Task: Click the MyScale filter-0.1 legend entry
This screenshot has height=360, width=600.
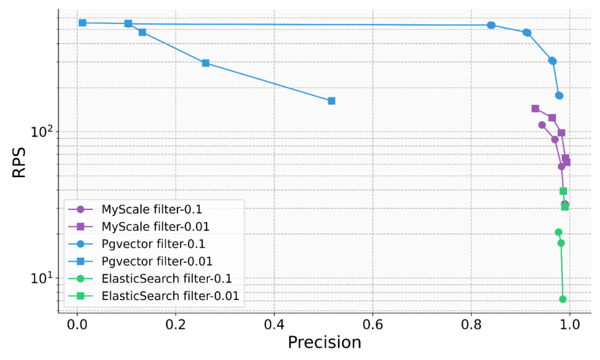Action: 152,209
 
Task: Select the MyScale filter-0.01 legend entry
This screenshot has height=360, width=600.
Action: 155,227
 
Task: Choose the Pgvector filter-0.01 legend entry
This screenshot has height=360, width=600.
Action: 157,261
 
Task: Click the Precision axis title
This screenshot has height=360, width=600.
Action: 324,342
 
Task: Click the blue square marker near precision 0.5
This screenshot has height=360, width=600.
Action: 332,101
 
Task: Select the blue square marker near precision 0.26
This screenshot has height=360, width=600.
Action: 206,63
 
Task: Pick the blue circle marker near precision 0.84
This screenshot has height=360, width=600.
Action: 491,25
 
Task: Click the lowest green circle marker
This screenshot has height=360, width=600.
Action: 563,299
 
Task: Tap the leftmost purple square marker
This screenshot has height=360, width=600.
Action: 535,109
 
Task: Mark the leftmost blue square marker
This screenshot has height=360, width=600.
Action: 82,23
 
